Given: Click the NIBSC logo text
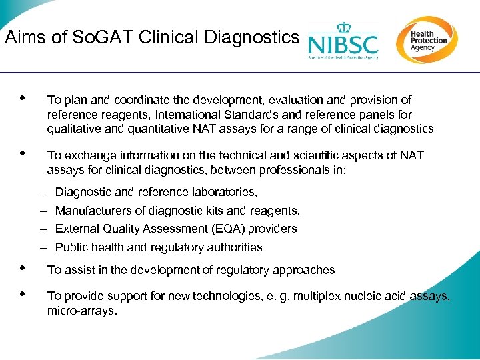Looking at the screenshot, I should [x=343, y=45].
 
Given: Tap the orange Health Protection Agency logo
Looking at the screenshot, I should [x=427, y=39].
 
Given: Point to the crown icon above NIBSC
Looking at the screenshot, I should [x=343, y=27].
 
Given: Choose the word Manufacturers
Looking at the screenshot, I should [x=93, y=211].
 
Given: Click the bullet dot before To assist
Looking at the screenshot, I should [x=23, y=268].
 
